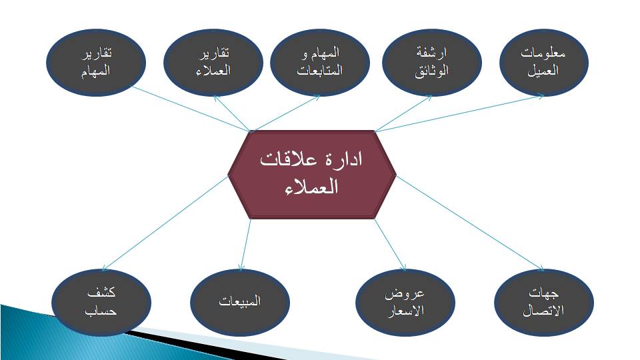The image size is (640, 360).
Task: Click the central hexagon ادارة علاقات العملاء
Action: coord(312,175)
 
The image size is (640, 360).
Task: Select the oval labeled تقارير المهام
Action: coord(96,63)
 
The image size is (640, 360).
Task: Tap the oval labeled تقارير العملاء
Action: coord(213,63)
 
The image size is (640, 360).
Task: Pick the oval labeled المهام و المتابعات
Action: coord(320,63)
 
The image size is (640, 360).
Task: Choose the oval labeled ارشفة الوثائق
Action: coord(432,63)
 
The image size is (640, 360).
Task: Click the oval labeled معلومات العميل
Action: coord(544,63)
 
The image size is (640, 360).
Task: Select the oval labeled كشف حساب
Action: coord(101,303)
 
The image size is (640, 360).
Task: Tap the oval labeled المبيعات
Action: coord(240,303)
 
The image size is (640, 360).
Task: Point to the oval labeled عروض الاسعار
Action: coord(405,303)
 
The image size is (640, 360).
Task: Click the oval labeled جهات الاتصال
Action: coord(544,303)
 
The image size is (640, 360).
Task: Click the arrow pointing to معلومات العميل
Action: coord(459,114)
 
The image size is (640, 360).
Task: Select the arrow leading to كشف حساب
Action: coord(165,223)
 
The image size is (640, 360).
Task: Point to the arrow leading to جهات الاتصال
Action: coord(470,223)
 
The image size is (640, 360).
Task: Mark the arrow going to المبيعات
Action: coord(245,245)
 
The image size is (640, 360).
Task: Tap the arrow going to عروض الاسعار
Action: coord(390,245)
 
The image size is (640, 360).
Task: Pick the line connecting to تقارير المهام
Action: coord(191,109)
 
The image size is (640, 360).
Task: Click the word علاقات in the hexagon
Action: coord(289,159)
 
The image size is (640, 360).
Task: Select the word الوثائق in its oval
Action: coord(432,71)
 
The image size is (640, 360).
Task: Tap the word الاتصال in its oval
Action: coord(544,311)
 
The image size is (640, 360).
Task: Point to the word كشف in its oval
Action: coord(101,293)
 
